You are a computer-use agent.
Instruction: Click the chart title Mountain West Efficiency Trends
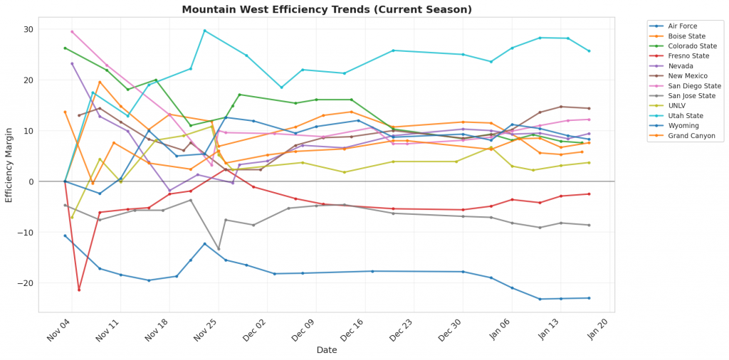pos(326,10)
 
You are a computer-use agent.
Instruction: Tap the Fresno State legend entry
pos(688,56)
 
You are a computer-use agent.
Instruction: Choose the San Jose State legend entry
pos(691,95)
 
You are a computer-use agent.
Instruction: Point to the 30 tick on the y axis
pos(29,29)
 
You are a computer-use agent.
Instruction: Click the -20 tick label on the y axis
pos(26,283)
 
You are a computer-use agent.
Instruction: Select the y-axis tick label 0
pos(31,181)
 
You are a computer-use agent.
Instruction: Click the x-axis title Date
pos(326,350)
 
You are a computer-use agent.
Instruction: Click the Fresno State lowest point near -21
pos(79,290)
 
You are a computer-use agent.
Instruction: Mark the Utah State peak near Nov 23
pos(204,31)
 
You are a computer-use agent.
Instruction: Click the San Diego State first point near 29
pos(72,31)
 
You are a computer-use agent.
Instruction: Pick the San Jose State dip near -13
pos(219,249)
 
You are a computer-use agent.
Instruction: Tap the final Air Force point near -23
pos(589,298)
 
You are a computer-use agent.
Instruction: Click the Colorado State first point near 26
pos(65,48)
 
